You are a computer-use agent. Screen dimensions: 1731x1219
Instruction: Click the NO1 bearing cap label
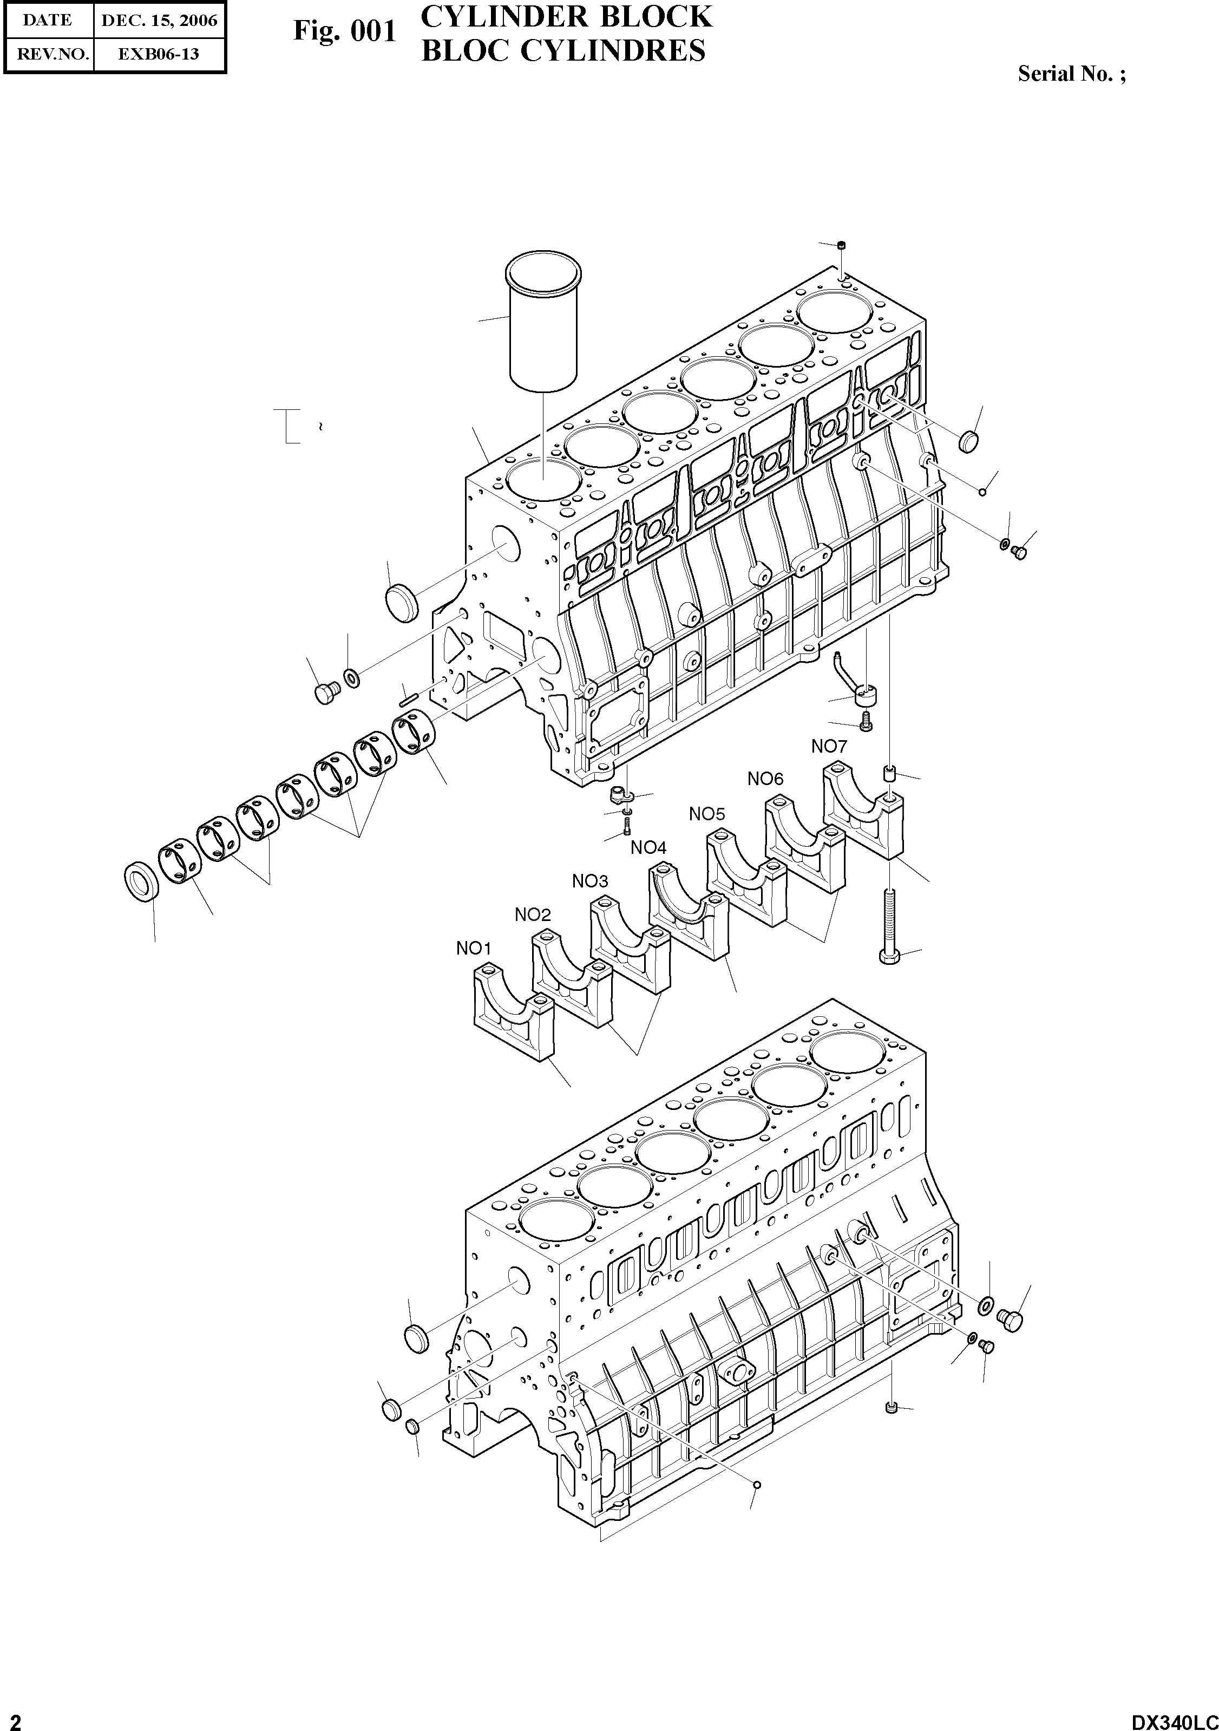[x=474, y=949]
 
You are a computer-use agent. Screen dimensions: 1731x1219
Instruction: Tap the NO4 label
[x=648, y=847]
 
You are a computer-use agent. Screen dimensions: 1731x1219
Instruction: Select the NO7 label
[x=829, y=746]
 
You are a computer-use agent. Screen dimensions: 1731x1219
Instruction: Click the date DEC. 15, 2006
[x=159, y=21]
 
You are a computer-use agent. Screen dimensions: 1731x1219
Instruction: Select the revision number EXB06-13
[x=159, y=54]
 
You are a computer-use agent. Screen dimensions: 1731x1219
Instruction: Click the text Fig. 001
[x=344, y=31]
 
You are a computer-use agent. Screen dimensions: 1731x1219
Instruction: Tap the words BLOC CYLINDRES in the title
[x=563, y=50]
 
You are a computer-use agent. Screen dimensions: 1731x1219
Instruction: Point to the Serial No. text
[x=1071, y=74]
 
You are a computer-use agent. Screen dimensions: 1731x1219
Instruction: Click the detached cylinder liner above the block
[x=543, y=324]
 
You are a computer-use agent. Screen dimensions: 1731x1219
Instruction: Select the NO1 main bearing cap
[x=514, y=1014]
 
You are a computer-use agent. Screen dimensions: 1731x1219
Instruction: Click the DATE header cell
[x=48, y=21]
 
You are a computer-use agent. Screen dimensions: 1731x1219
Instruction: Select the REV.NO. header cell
[x=48, y=54]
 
